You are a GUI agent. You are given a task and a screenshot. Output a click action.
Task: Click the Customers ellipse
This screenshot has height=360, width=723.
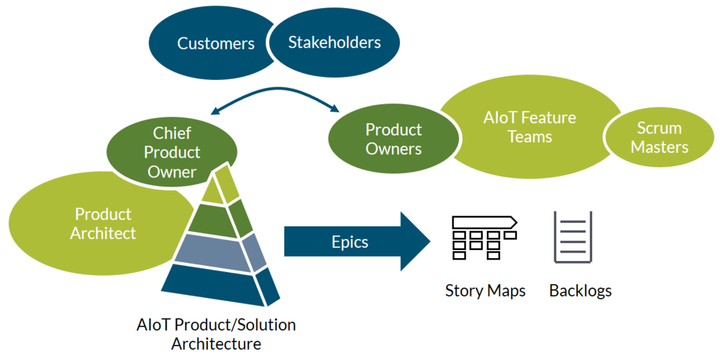coord(207,43)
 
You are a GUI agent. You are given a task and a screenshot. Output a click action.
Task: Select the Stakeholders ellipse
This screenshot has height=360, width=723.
coord(335,43)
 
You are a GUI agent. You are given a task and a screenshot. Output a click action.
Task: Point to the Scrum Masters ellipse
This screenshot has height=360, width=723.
coord(658,138)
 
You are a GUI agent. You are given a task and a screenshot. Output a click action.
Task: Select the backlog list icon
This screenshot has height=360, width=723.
coord(573,237)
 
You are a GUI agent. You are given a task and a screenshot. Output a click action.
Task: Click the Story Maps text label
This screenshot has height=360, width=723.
coord(485,290)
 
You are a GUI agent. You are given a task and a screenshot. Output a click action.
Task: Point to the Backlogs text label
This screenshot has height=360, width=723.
coord(580,290)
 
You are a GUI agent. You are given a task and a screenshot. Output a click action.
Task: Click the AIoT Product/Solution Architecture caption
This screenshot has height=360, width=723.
coord(216,334)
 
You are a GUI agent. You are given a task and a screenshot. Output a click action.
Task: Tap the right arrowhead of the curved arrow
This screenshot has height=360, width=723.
coord(336,108)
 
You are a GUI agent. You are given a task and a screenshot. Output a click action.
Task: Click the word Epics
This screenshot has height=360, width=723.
coord(350,242)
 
